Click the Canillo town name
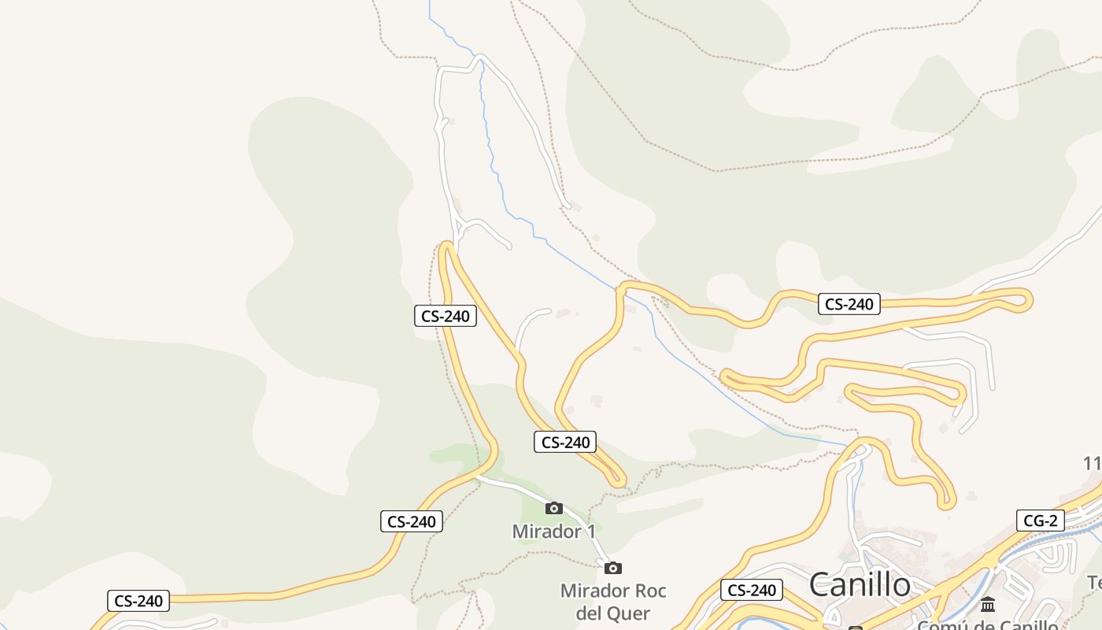tap(860, 584)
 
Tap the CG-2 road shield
tap(1040, 521)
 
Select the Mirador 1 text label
tap(553, 532)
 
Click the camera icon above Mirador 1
tap(554, 508)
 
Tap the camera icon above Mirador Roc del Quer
tap(613, 568)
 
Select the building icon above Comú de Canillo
tap(988, 604)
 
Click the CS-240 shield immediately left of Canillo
tap(752, 590)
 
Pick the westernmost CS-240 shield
tap(139, 601)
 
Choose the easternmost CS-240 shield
tap(849, 304)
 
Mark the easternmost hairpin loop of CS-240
tap(1024, 300)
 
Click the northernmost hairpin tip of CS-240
tap(447, 247)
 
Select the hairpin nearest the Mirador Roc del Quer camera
tap(618, 478)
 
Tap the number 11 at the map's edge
tap(1093, 464)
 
